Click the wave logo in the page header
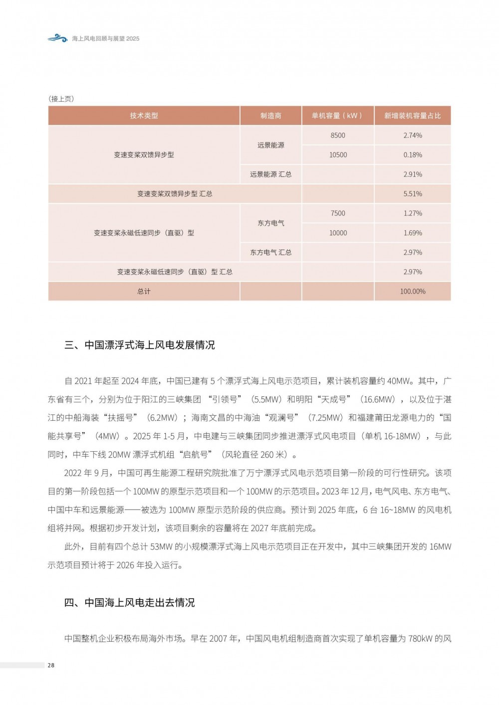coord(57,38)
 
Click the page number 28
coord(51,665)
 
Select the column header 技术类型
coord(144,116)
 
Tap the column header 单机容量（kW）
coord(337,116)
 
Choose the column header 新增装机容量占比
coord(412,116)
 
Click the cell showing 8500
coord(337,135)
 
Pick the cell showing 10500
coord(337,155)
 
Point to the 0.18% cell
coord(412,155)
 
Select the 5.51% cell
coord(412,193)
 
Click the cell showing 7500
coord(337,213)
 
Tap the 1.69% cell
coord(412,233)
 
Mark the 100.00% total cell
coord(412,291)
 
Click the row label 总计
coord(144,291)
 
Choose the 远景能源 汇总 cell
coord(270,174)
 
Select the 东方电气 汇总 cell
coord(270,252)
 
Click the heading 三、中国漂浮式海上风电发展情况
coord(140,345)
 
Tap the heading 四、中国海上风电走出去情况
coord(130,602)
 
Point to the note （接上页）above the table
coord(61,99)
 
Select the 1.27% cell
coord(412,213)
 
